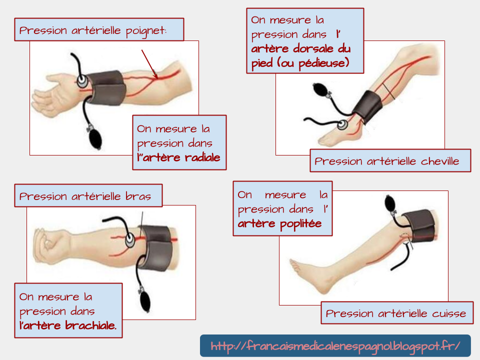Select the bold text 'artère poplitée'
(x=279, y=223)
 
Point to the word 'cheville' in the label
(x=440, y=161)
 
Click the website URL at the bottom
(x=335, y=346)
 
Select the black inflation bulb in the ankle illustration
(x=318, y=90)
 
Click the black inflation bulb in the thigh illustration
(x=390, y=203)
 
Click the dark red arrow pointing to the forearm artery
(x=149, y=64)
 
